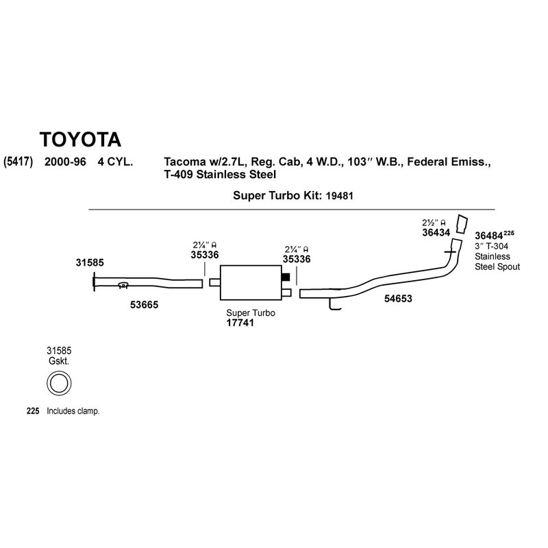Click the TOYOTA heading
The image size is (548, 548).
pos(81,139)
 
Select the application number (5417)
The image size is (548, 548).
pos(18,163)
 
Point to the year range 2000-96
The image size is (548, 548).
pos(66,163)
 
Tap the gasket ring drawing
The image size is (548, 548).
pos(60,382)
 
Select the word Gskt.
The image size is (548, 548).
pos(59,360)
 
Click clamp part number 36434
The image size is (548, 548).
pos(436,233)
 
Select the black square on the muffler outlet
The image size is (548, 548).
pos(287,277)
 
